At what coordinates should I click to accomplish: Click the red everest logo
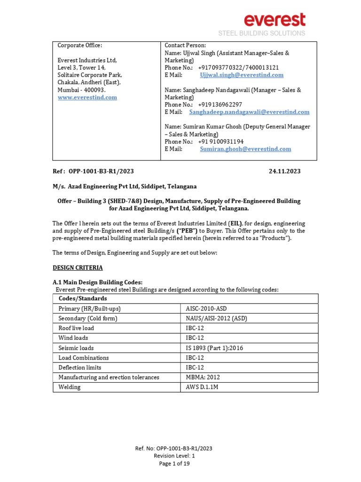(274, 20)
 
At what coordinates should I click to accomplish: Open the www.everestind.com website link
(87, 97)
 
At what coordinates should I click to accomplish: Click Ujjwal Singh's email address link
(242, 75)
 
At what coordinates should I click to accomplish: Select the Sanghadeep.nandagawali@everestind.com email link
(249, 112)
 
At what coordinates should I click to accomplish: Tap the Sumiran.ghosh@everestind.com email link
(245, 149)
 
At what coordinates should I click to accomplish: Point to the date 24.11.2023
(284, 171)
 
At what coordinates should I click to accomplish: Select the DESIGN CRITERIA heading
(78, 268)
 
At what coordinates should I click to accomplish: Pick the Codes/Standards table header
(83, 298)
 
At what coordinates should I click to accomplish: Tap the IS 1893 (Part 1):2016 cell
(214, 348)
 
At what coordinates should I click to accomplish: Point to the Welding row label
(69, 387)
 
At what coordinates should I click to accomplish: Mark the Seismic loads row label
(76, 348)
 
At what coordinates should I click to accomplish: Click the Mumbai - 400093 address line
(82, 90)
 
